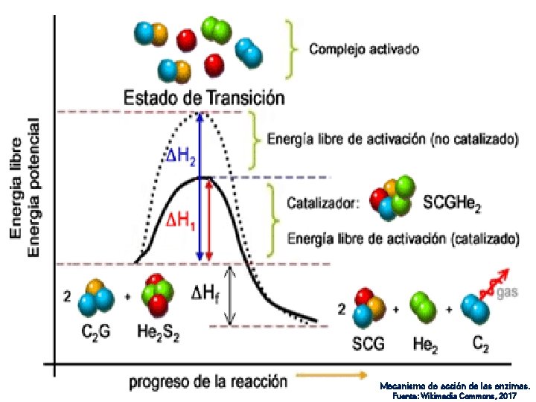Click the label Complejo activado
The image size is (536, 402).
click(364, 50)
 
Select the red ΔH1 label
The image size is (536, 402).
click(180, 220)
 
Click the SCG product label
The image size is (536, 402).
click(369, 344)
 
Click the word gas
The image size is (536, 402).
click(507, 293)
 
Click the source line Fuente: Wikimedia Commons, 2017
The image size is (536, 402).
click(456, 395)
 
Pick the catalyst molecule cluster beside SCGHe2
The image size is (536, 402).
click(392, 199)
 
